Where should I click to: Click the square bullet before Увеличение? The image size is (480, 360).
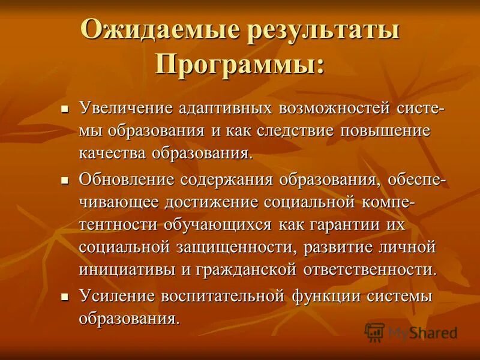[x=66, y=110]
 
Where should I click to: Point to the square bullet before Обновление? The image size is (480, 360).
[x=66, y=180]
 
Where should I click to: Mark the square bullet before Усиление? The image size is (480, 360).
[x=66, y=296]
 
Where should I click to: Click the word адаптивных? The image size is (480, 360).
[x=225, y=109]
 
